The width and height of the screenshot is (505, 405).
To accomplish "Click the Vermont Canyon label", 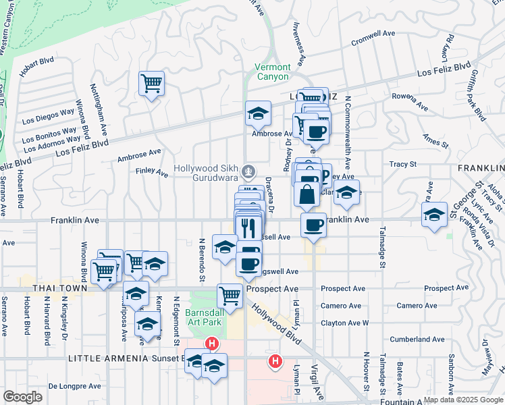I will (x=273, y=72).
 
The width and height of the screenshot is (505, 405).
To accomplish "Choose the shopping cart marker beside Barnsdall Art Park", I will (x=230, y=296).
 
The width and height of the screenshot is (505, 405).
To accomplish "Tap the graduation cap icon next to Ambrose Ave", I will (x=257, y=114).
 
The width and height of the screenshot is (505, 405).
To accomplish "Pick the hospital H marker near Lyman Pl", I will (x=275, y=362).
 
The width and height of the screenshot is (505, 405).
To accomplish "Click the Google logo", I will (x=23, y=397).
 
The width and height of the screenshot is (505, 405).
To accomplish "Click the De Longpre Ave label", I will (x=74, y=386).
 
